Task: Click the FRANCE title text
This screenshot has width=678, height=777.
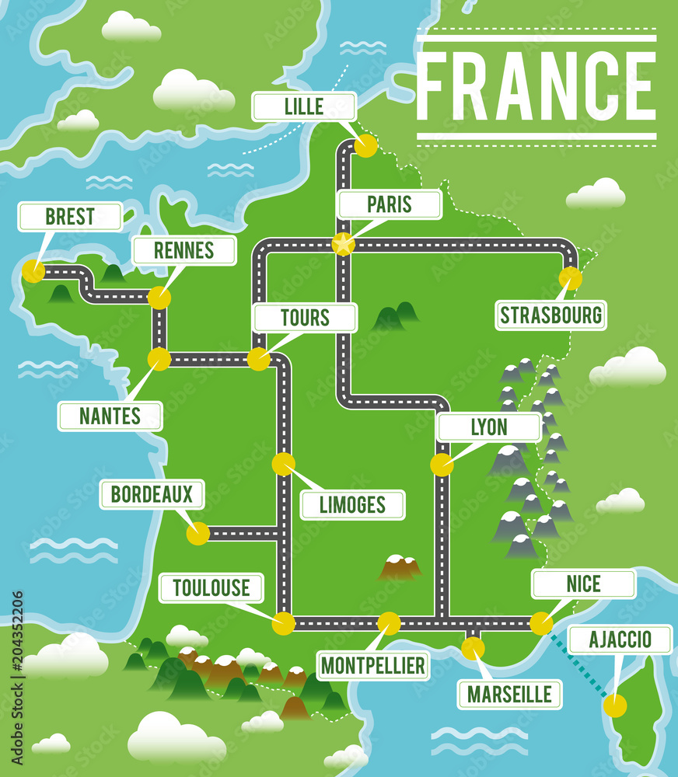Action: coord(536,86)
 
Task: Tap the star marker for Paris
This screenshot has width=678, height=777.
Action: coord(343,244)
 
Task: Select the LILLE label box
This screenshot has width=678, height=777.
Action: coord(304,106)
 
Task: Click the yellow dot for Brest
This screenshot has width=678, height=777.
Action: coord(33,271)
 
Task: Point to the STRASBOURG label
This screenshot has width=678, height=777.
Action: coord(550,315)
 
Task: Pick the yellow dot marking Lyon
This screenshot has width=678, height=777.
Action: coord(442,465)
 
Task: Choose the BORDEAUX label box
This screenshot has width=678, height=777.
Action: coord(152,494)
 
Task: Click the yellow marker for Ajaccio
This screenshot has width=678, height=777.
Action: coord(614,706)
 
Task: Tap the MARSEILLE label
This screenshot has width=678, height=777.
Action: coord(509,694)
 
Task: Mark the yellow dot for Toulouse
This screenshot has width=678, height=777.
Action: coord(284,623)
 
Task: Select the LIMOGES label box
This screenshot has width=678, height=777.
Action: coord(352,504)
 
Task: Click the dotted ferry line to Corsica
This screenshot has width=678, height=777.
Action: coord(579,664)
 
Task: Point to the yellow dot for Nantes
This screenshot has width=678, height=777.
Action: coord(159,359)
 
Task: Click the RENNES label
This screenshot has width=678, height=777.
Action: coord(184,250)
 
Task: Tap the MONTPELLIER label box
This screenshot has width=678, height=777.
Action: coord(373,665)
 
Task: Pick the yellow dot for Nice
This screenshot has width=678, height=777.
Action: coord(541,623)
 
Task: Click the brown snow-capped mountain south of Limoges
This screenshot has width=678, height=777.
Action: coord(398,568)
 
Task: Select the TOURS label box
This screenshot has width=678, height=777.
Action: coord(305,318)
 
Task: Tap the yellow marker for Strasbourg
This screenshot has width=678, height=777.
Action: coord(570,278)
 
